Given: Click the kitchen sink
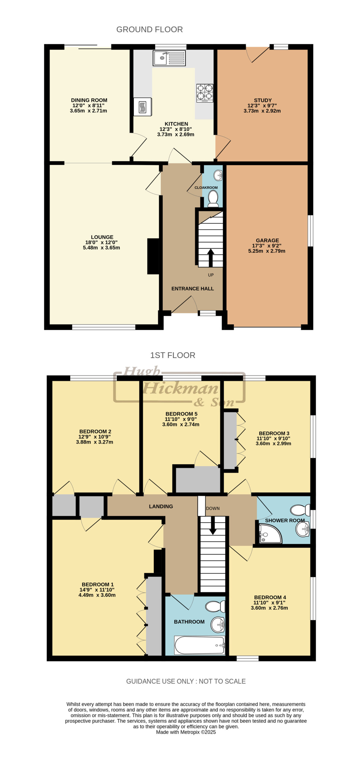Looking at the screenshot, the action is tap(169, 58).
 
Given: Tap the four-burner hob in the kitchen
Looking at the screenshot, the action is tap(205, 93).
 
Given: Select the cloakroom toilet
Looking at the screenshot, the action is tap(213, 198).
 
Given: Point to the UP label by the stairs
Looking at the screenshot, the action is tap(211, 275).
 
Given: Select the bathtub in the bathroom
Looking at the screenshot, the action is tap(200, 645).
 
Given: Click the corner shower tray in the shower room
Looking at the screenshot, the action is tap(270, 533).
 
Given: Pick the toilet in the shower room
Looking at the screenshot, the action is tap(300, 510).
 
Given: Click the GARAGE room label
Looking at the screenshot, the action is tap(267, 240).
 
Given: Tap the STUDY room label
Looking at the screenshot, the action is tap(263, 100).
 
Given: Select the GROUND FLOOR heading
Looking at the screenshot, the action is tap(150, 30).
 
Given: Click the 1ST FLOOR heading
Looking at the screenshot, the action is tap(173, 355).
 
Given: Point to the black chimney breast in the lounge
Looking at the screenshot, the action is tap(153, 256).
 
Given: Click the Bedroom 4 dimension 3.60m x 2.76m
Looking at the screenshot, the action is tap(269, 608).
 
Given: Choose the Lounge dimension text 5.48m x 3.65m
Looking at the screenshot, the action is tap(101, 248).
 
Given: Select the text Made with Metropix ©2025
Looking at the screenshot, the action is tap(186, 732).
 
